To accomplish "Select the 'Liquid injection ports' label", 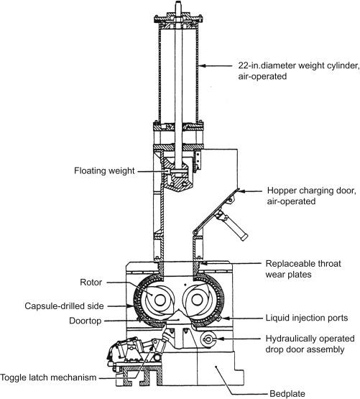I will [x=296, y=317].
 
